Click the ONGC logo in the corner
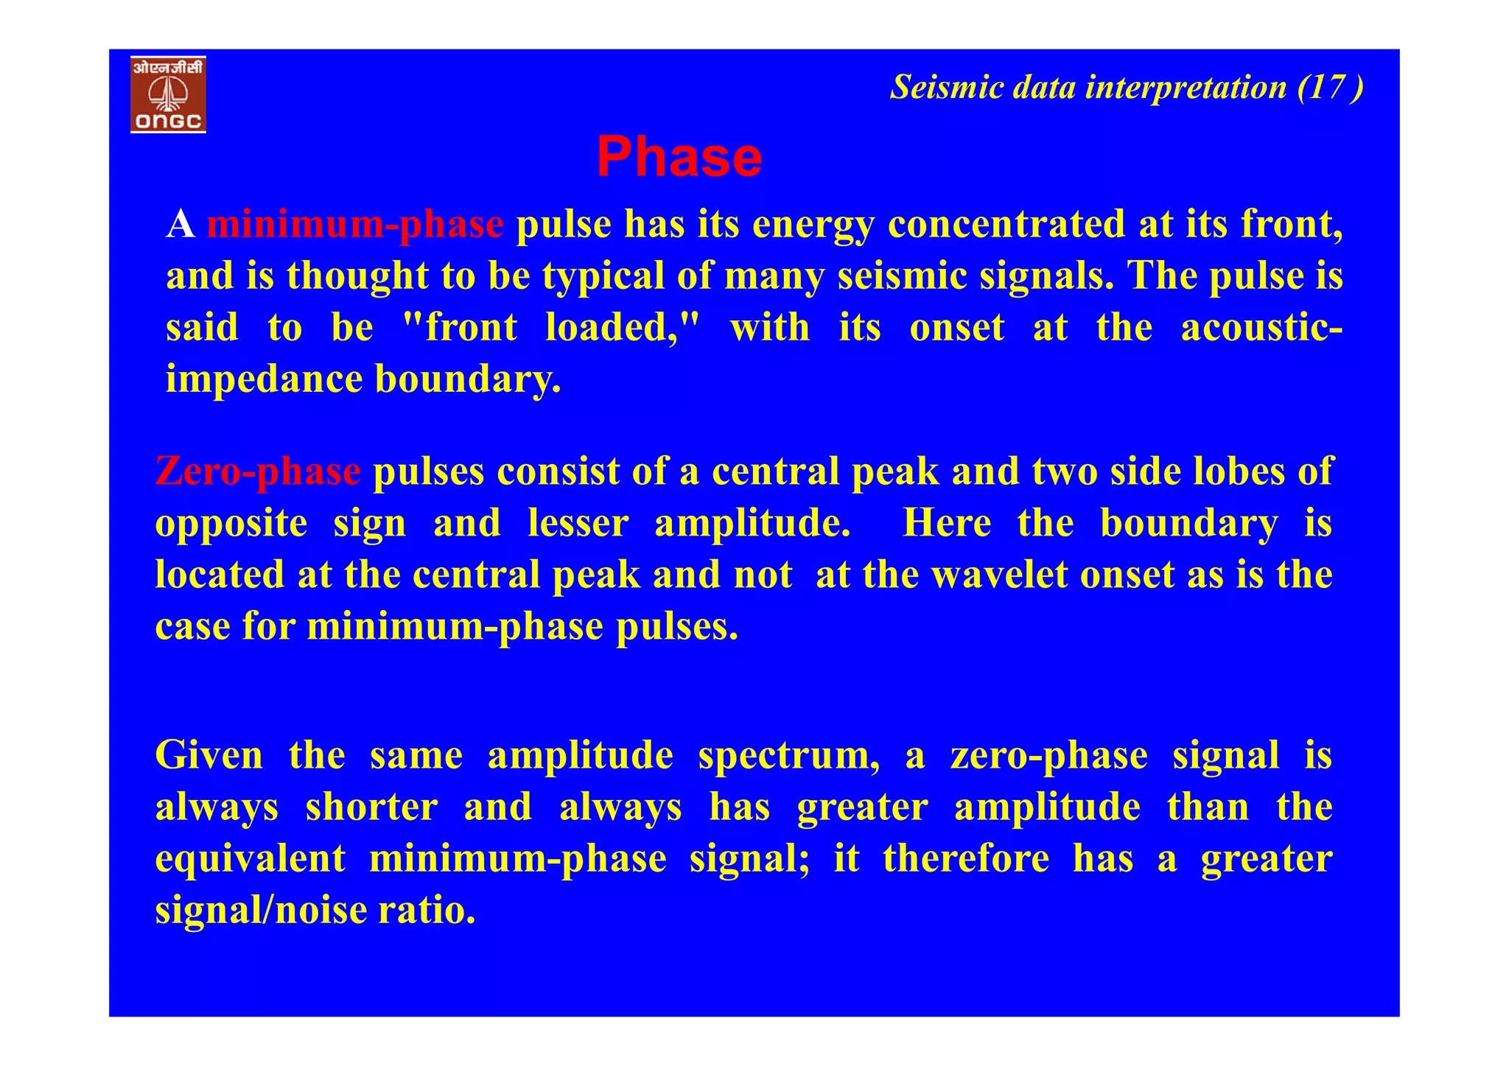[168, 94]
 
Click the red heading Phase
[679, 158]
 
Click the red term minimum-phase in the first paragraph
[355, 224]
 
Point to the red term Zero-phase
[258, 471]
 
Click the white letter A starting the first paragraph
[181, 224]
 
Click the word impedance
[265, 380]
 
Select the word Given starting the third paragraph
[209, 756]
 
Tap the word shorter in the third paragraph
[371, 807]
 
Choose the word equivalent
[250, 859]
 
